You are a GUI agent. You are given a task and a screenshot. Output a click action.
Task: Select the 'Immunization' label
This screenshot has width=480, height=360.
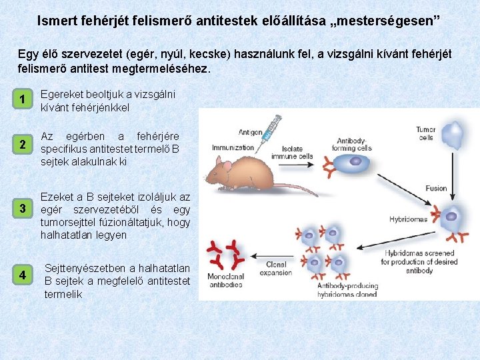click(233, 147)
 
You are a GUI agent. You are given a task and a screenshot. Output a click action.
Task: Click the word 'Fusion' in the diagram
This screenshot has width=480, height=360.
click(436, 189)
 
